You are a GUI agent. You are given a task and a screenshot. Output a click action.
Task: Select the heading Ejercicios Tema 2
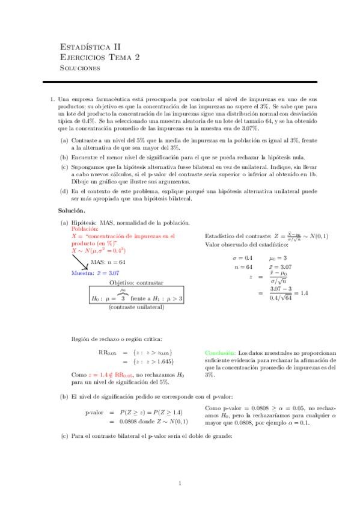tap(100, 57)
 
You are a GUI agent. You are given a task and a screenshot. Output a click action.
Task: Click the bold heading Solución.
tap(72, 211)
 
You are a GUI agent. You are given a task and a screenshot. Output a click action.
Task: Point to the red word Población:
tap(84, 229)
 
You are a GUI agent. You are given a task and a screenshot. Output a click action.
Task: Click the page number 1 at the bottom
tap(180, 483)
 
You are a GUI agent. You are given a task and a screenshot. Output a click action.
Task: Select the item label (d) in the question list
tap(63, 191)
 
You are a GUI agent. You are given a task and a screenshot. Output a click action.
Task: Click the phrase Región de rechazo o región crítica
tap(116, 339)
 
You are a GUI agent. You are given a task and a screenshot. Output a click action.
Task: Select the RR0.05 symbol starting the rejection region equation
tap(106, 352)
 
